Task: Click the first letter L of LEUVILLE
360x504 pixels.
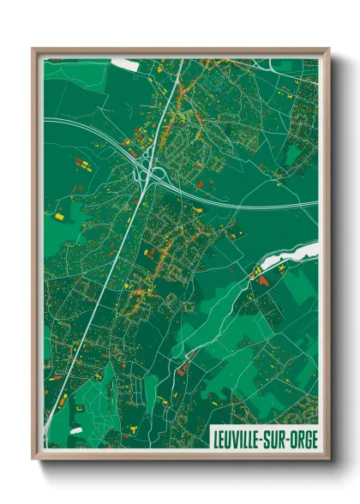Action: pyautogui.click(x=215, y=441)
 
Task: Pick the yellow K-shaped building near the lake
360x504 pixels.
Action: pyautogui.click(x=255, y=273)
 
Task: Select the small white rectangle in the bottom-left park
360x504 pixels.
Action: pyautogui.click(x=76, y=429)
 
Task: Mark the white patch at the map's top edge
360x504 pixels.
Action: pyautogui.click(x=125, y=63)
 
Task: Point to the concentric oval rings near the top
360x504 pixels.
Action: pyautogui.click(x=215, y=83)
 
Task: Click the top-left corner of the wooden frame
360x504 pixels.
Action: pyautogui.click(x=34, y=50)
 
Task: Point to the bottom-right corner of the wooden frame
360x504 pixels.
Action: pyautogui.click(x=327, y=459)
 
